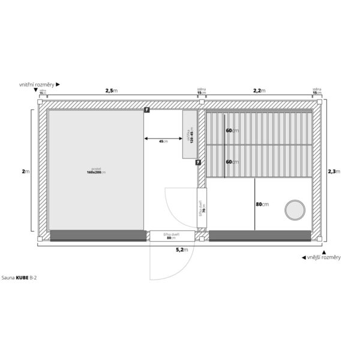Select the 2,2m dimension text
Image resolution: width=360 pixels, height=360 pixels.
point(259,91)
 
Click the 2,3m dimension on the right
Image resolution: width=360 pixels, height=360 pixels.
point(333,171)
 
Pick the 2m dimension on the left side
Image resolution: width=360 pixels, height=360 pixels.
point(25,171)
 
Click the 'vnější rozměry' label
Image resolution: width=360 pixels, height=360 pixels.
point(323,257)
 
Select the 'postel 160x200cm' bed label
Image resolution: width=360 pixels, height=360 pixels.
point(96,170)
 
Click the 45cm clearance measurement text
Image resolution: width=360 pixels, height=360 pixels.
point(163,141)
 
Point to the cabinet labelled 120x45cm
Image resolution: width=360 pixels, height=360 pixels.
point(191,134)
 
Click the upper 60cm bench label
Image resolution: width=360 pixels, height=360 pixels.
point(232,130)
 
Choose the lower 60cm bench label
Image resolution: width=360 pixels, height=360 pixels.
point(232,162)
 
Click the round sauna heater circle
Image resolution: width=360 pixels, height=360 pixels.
point(295,210)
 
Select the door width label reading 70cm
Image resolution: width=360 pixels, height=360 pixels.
point(203,208)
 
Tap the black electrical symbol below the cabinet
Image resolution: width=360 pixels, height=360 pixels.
point(198,162)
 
